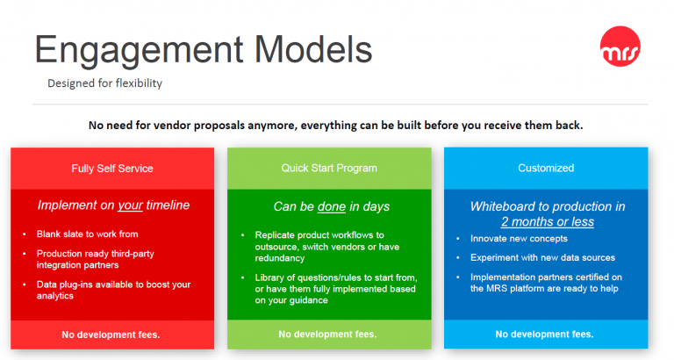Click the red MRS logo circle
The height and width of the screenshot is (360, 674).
[620, 47]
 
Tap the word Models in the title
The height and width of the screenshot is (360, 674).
[313, 49]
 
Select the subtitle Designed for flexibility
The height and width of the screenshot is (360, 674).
[105, 83]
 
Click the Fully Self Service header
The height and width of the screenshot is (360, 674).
[112, 169]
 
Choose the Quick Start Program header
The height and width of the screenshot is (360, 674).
[329, 168]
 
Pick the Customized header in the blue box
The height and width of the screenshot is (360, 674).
[546, 168]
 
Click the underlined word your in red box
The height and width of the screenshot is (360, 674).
[130, 205]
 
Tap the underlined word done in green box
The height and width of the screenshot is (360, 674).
[332, 207]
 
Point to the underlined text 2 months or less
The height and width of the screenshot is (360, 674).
[548, 222]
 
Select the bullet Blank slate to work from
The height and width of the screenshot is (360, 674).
[87, 234]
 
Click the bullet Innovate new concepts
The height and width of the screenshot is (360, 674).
[519, 239]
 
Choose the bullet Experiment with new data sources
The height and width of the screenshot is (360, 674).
[542, 257]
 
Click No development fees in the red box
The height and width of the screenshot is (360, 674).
[111, 335]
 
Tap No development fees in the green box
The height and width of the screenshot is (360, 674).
[327, 335]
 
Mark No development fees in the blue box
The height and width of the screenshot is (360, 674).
[545, 335]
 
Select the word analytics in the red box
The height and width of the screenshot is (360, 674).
[55, 296]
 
